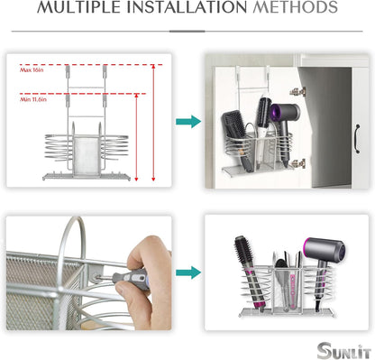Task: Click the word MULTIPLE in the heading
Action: click(x=82, y=11)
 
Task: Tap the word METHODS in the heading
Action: click(x=290, y=11)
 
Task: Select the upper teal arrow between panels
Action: click(x=187, y=121)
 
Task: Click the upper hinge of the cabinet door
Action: click(x=297, y=91)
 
